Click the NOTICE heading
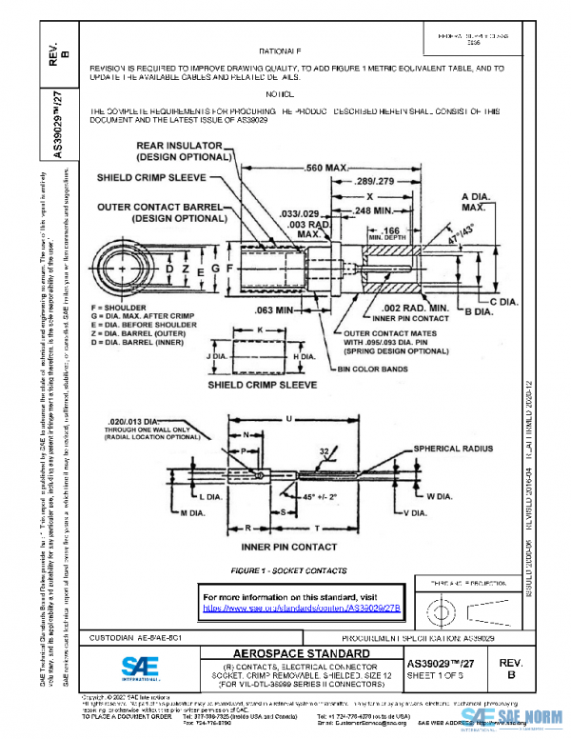point(281,95)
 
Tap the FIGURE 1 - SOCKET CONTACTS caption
point(280,569)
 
